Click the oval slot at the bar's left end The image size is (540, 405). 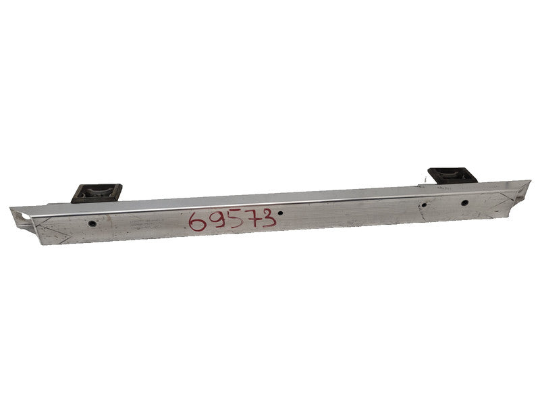[x=26, y=216]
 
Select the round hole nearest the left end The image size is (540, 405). [x=92, y=222]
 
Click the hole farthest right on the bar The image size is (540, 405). [x=465, y=202]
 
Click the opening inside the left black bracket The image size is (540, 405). [x=97, y=192]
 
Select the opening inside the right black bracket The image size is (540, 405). [x=451, y=175]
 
